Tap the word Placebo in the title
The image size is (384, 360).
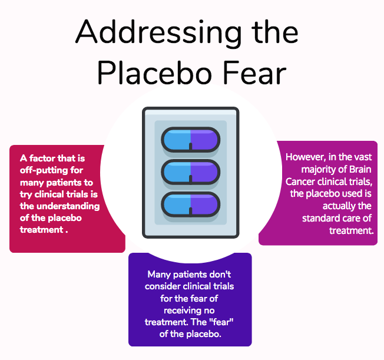point(154,73)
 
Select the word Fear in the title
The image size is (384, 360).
point(255,73)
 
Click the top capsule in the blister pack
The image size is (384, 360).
point(191,140)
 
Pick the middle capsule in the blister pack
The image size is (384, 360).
point(191,172)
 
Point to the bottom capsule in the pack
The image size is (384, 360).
point(191,204)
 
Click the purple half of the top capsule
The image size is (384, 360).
point(205,140)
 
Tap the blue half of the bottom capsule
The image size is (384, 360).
point(176,204)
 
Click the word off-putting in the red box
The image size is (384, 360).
point(51,170)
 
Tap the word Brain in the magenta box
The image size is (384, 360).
point(360,169)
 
